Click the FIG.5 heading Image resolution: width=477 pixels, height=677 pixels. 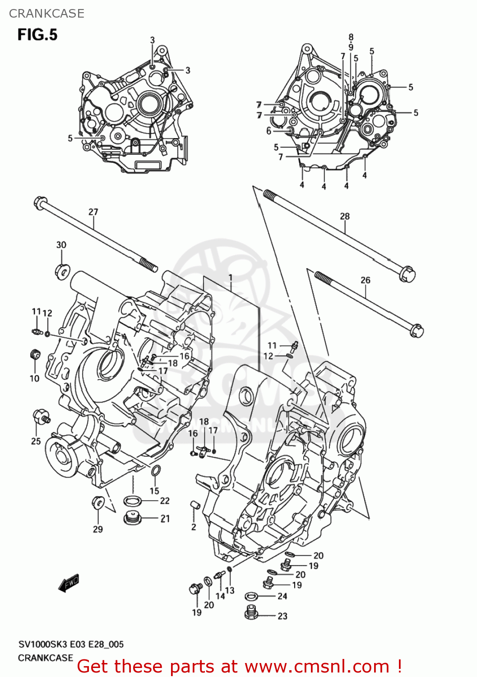pos(37,35)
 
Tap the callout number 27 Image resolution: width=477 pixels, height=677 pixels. pos(93,212)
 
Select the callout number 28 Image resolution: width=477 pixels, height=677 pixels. pos(345,216)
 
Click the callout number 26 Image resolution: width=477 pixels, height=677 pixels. pos(365,280)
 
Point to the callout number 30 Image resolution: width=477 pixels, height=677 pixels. pos(61,245)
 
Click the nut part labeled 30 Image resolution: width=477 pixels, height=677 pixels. pos(61,271)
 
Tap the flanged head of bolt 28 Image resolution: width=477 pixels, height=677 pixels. pos(407,274)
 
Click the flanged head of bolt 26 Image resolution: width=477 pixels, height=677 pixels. pos(416,331)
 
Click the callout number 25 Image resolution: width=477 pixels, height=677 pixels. pos(36,441)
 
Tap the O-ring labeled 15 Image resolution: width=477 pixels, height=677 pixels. pos(155,470)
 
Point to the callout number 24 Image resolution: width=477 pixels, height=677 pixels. pos(282,596)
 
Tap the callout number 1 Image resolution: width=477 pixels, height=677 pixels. pos(230,278)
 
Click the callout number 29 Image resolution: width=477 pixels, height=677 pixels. pos(98,529)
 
